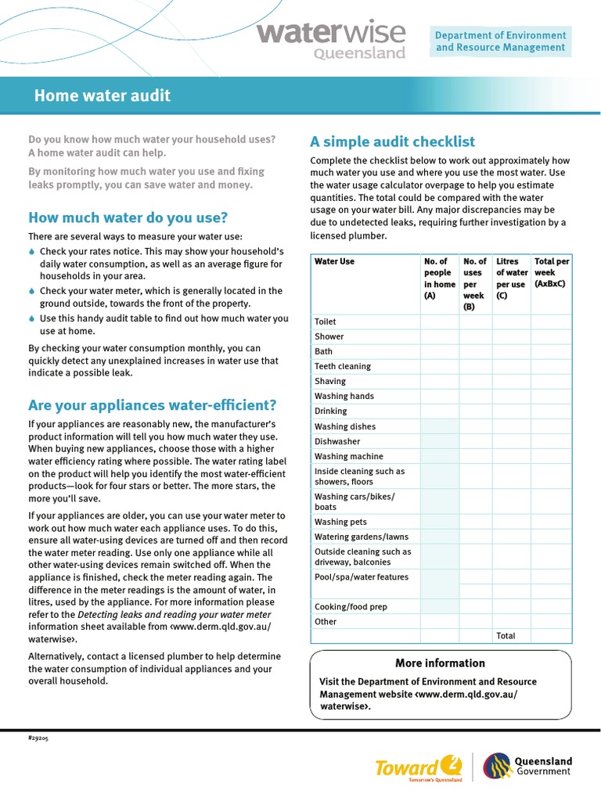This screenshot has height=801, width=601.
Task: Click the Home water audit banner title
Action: [102, 96]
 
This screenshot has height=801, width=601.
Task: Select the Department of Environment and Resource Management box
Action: [500, 41]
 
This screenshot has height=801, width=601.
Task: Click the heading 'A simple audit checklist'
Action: [392, 142]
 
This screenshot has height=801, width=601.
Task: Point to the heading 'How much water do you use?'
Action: [128, 217]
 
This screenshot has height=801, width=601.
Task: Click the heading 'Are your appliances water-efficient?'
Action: [152, 405]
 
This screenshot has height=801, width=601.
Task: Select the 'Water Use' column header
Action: [335, 261]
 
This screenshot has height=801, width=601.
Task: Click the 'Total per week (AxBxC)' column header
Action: [551, 272]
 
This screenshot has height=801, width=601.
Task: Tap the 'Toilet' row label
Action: [325, 321]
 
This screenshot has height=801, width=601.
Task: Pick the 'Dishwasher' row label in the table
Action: [337, 441]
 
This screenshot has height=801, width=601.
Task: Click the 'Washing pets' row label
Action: [340, 522]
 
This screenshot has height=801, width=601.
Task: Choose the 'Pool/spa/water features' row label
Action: [362, 577]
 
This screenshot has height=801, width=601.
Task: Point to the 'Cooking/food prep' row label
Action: [351, 606]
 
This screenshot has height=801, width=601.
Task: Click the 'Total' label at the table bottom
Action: [506, 636]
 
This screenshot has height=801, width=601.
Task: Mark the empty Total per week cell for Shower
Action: [551, 336]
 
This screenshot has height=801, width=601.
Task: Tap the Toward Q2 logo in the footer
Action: [419, 767]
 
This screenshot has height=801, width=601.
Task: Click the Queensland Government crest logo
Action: [498, 766]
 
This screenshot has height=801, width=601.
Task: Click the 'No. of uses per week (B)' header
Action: [474, 284]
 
